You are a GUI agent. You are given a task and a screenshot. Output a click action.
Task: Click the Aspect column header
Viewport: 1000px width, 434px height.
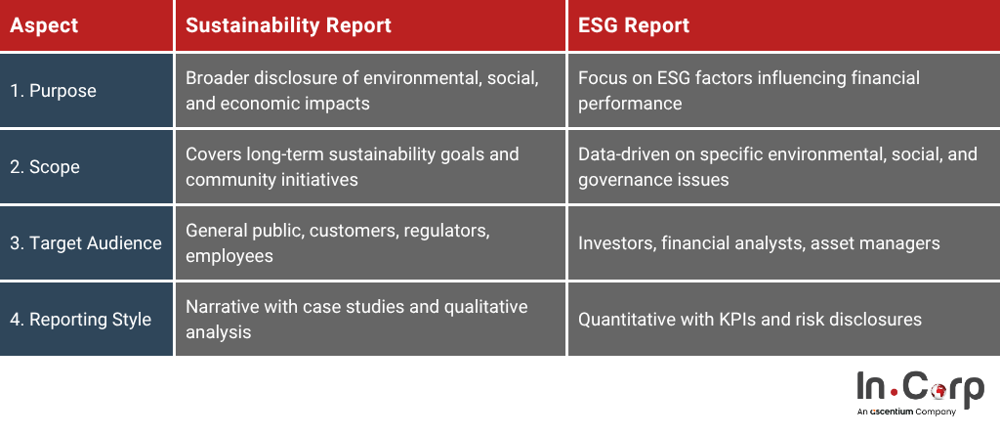pyautogui.click(x=44, y=25)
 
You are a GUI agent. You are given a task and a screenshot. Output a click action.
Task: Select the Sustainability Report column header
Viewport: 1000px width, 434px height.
pyautogui.click(x=288, y=25)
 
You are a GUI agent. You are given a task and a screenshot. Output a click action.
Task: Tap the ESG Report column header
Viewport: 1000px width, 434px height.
pyautogui.click(x=634, y=25)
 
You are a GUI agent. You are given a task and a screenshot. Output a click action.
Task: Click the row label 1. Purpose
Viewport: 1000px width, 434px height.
pyautogui.click(x=53, y=91)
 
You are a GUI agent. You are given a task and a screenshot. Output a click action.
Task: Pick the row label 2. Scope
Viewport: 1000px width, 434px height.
pyautogui.click(x=45, y=167)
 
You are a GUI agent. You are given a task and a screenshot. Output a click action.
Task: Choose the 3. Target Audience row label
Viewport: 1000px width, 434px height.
pyautogui.click(x=86, y=243)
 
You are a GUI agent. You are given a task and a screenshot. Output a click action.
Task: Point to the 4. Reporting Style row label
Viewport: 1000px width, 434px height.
pyautogui.click(x=80, y=319)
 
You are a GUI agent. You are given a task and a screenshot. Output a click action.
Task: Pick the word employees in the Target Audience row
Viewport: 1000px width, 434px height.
pyautogui.click(x=229, y=256)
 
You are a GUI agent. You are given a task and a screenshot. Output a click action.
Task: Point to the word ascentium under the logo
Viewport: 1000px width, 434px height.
pyautogui.click(x=891, y=412)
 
